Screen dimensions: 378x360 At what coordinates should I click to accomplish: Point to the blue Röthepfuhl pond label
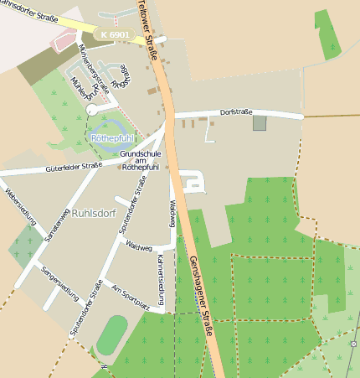[112, 137]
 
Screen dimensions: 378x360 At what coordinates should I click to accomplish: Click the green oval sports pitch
[112, 335]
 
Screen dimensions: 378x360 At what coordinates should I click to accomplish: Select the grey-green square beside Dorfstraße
[260, 123]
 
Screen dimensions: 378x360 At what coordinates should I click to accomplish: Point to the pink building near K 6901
[64, 39]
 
